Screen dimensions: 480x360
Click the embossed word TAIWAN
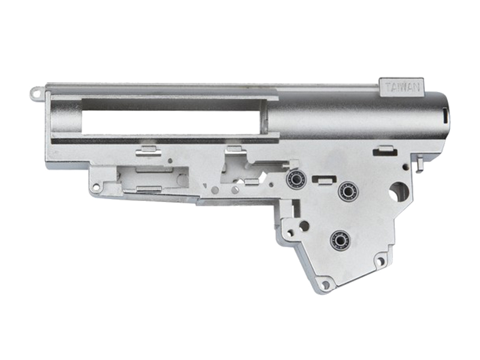click(402, 88)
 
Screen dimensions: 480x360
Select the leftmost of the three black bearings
click(296, 179)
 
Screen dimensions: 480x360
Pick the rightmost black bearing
click(348, 191)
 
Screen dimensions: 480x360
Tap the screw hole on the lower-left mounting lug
click(96, 187)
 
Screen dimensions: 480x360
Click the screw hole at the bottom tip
click(326, 285)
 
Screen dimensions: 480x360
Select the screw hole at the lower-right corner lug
click(380, 261)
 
